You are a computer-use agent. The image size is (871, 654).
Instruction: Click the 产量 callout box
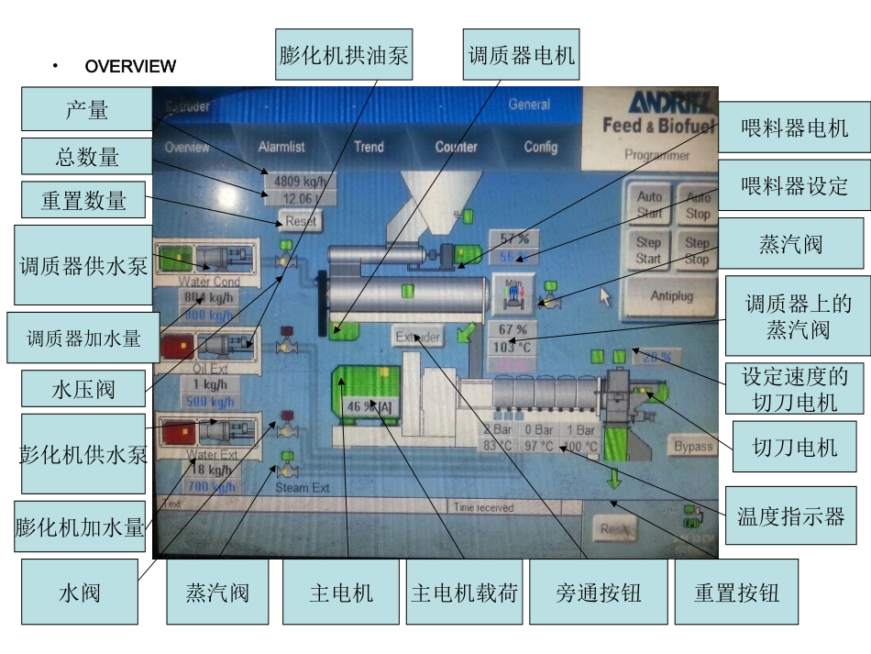86,109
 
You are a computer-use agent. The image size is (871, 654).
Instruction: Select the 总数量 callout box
86,157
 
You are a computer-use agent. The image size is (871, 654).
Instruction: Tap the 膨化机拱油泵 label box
344,56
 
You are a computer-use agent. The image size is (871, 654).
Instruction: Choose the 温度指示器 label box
790,516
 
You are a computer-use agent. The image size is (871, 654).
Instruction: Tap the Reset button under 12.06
301,221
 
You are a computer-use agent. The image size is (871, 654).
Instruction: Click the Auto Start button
649,205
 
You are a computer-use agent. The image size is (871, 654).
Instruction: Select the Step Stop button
698,250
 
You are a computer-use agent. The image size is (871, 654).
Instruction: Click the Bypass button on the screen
692,447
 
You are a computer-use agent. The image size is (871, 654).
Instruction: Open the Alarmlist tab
281,147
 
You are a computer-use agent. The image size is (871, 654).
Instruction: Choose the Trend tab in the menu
369,147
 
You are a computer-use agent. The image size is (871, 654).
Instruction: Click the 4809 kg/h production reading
301,181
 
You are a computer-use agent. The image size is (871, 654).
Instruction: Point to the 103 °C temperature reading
513,348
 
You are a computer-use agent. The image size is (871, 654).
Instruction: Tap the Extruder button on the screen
417,337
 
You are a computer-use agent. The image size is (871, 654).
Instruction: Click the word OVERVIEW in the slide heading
130,66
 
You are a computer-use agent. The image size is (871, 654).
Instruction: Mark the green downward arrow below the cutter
614,478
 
